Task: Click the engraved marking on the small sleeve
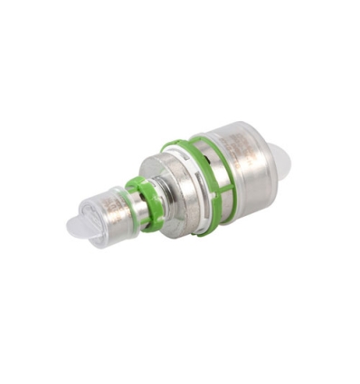pos(112,209)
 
